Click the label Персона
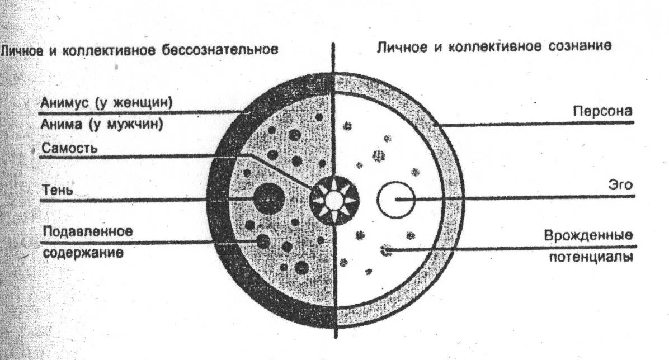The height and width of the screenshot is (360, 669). tap(602, 111)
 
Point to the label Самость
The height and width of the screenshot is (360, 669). tap(70, 148)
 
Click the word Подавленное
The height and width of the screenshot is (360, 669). tap(87, 230)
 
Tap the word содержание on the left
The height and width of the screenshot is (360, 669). tap(83, 252)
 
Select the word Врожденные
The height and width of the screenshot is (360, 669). tap(589, 235)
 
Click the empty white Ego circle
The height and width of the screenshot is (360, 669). tap(395, 199)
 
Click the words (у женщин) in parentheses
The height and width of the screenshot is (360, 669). tap(134, 103)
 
